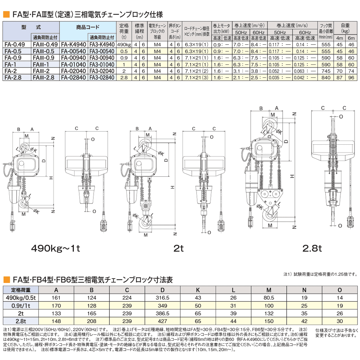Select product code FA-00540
(73, 51)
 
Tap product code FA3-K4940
(102, 45)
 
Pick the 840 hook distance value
(325, 77)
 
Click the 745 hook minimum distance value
(325, 71)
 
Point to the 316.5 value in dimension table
(163, 298)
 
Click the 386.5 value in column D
(163, 313)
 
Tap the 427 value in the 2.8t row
(163, 321)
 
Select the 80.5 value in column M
(268, 298)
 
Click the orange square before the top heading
(6, 15)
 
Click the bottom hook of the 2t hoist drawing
(145, 225)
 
